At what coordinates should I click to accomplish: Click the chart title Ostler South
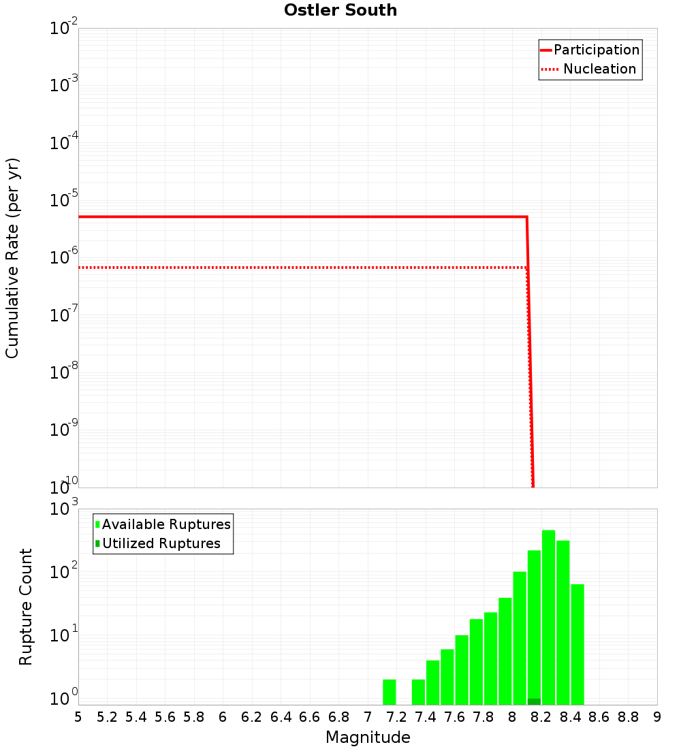pos(340,10)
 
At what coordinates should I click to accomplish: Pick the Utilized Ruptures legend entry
pos(161,543)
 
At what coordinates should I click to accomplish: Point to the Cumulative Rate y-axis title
pos(12,258)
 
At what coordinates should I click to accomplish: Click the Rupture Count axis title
pos(26,607)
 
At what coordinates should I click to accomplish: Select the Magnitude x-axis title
pos(368,737)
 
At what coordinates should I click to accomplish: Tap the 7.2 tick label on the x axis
pos(396,717)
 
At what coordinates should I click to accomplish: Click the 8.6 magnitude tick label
pos(599,717)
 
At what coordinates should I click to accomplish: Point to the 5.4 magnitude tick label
pos(136,717)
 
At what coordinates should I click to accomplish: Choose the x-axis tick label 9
pos(657,717)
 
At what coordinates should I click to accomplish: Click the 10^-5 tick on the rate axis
pos(63,201)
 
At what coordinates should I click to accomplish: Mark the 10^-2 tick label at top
pos(63,29)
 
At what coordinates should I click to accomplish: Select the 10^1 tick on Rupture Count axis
pos(63,637)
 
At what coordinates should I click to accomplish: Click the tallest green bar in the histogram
pos(548,613)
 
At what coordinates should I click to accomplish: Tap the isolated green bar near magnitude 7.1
pos(389,692)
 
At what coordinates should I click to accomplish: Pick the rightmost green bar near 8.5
pos(577,643)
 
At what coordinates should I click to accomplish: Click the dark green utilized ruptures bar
pos(534,701)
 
